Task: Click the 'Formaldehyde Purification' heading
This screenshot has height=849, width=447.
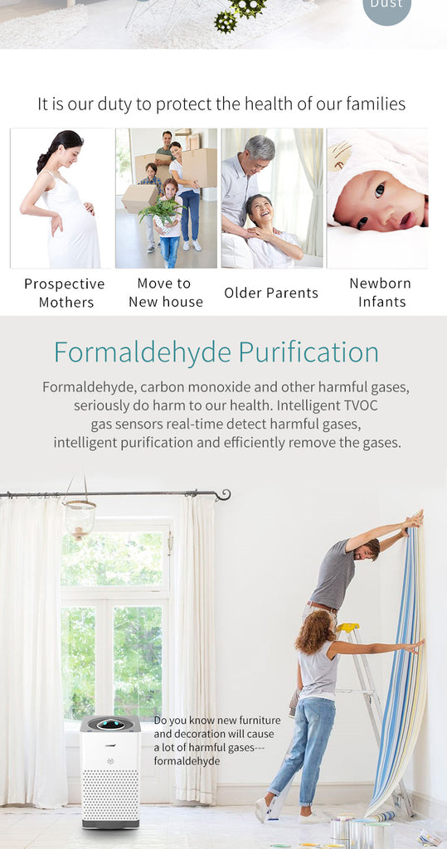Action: pyautogui.click(x=216, y=352)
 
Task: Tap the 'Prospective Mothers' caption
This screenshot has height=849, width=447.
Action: pyautogui.click(x=65, y=293)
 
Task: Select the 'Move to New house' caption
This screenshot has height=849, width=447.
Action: pyautogui.click(x=165, y=293)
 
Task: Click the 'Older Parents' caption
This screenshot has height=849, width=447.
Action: pyautogui.click(x=271, y=293)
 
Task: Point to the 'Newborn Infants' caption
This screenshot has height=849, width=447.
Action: pyautogui.click(x=381, y=293)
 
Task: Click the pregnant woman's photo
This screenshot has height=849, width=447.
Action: pyautogui.click(x=61, y=198)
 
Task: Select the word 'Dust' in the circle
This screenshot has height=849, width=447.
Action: pyautogui.click(x=386, y=4)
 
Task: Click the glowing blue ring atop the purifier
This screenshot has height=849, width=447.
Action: pyautogui.click(x=111, y=723)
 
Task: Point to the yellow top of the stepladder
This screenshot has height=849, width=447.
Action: pyautogui.click(x=347, y=628)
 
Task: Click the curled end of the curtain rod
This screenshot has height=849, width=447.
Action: pyautogui.click(x=223, y=494)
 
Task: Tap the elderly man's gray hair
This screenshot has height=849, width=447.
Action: pyautogui.click(x=260, y=147)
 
